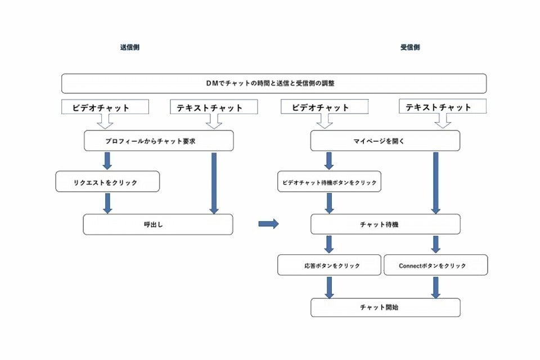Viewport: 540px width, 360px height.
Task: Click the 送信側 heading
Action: (129, 48)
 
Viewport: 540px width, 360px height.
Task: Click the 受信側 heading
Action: (410, 48)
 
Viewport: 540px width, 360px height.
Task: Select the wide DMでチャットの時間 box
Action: (274, 83)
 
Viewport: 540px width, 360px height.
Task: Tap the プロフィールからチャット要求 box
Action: (159, 141)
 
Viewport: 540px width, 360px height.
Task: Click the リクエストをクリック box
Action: (108, 182)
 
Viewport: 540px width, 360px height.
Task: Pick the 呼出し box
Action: (158, 224)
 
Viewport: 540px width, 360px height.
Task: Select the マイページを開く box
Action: (385, 141)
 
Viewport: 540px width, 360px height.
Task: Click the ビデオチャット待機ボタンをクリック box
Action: (329, 182)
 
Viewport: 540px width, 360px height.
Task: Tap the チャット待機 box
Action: (385, 224)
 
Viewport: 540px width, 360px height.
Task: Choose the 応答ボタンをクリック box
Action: (329, 265)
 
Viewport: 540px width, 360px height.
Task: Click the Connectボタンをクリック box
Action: (436, 265)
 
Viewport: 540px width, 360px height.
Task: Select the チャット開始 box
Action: (385, 308)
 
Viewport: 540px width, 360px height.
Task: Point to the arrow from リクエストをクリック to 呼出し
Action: (107, 202)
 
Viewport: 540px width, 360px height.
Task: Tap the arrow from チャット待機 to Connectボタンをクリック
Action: (436, 244)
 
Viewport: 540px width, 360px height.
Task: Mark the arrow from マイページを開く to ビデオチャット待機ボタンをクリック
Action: (329, 160)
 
